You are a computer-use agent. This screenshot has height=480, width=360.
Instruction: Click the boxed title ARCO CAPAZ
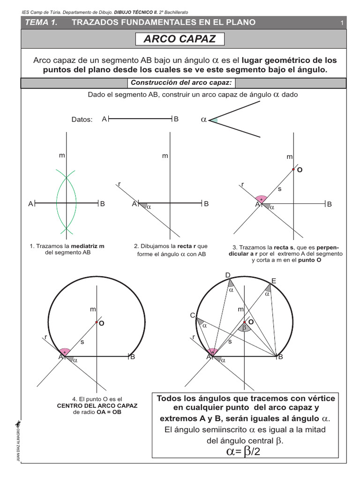tap(180, 39)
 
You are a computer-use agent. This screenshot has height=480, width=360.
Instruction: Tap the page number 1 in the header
tap(342, 23)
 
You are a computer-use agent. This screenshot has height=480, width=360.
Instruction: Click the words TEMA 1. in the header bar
tap(41, 22)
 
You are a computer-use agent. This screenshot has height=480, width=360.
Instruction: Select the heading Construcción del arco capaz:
tap(181, 83)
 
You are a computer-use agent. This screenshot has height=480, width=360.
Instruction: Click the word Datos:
tap(82, 120)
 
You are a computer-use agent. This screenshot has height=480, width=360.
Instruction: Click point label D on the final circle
tap(228, 275)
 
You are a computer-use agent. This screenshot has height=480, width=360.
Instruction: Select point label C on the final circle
tap(192, 316)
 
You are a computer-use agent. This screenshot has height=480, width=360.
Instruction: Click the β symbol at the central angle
tap(244, 328)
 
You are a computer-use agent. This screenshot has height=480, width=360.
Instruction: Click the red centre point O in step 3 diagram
tap(293, 169)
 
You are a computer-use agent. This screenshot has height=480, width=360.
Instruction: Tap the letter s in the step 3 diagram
tap(280, 188)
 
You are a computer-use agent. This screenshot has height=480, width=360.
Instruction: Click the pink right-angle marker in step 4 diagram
tap(65, 352)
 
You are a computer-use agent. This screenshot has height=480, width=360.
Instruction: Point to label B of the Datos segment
tap(176, 120)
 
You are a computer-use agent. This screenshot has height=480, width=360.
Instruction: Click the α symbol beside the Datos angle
tap(203, 120)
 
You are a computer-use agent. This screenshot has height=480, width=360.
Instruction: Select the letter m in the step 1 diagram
tap(61, 155)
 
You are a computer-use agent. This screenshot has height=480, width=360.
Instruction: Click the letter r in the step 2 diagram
tap(120, 184)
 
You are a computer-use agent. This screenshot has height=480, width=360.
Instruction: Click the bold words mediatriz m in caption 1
tap(87, 246)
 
